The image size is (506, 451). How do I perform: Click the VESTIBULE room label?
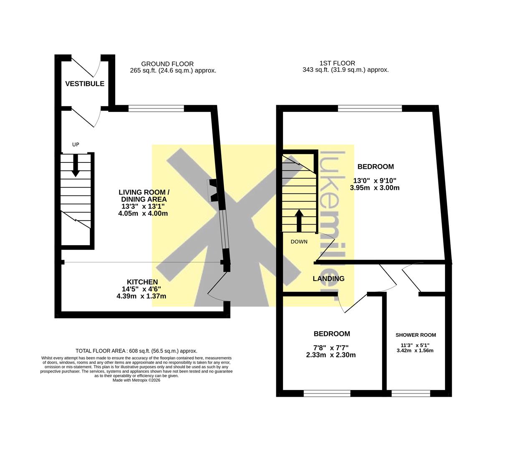(85, 84)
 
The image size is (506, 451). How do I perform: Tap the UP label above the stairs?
(76, 144)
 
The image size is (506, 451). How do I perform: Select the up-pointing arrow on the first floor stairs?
(299, 220)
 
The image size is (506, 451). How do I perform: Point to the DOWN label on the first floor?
(299, 242)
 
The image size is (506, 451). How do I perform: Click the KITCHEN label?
(142, 282)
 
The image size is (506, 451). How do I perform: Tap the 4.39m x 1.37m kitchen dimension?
(142, 296)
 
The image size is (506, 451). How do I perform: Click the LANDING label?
(329, 279)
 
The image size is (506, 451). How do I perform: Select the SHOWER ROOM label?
(415, 335)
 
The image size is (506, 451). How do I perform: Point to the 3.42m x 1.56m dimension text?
(415, 350)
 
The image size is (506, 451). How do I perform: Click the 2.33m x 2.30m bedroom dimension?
(331, 355)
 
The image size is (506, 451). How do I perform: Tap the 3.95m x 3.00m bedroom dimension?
(374, 187)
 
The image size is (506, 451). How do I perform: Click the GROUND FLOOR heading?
(167, 64)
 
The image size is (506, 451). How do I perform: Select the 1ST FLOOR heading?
(337, 63)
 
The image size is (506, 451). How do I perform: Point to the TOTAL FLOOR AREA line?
(137, 351)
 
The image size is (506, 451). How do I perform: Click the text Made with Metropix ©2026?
(137, 380)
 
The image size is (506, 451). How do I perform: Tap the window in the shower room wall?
(411, 394)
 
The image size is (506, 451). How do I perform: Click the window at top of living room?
(156, 108)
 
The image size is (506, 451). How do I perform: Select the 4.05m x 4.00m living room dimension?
(143, 213)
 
